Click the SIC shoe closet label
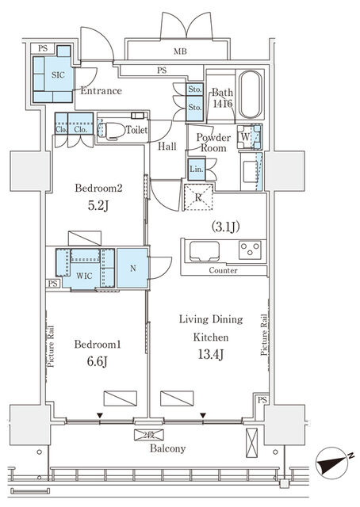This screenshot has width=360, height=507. [58, 75]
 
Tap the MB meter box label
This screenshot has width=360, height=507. [180, 51]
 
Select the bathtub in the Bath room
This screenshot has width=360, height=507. [251, 94]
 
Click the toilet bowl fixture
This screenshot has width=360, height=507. [112, 131]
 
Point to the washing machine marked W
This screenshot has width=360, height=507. [249, 136]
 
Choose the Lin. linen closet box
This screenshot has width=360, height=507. [197, 169]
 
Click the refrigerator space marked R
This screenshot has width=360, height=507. [198, 197]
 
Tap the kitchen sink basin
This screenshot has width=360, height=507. [205, 251]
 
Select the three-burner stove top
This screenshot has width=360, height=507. [250, 250]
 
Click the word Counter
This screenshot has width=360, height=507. [223, 270]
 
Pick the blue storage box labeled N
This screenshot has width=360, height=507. [132, 268]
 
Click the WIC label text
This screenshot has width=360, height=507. [84, 276]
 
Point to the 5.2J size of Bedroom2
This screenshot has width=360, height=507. [98, 205]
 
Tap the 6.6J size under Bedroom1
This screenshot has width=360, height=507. [97, 361]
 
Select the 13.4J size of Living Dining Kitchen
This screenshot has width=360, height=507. [211, 354]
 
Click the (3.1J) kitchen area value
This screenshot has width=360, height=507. [226, 227]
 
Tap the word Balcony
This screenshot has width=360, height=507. [167, 448]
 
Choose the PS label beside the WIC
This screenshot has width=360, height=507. [53, 284]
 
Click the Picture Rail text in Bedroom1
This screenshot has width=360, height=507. [51, 346]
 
